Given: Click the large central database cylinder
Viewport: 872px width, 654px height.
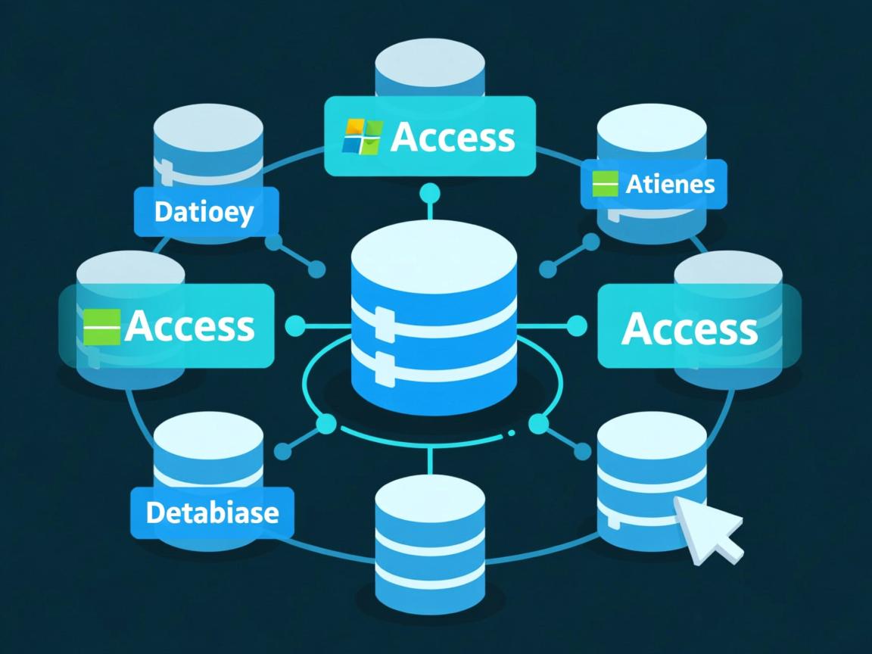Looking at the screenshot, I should (x=434, y=325).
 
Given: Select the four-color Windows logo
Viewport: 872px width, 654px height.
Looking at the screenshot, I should (x=363, y=136).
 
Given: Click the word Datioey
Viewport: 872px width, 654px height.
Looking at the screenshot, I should (x=204, y=213).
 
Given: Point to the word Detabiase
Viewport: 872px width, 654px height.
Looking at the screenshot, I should (x=212, y=512).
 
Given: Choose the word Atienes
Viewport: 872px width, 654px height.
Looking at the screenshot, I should (x=670, y=184).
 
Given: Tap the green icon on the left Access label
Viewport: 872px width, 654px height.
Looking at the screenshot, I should (x=101, y=327).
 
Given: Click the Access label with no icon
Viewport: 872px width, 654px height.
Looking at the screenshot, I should (x=689, y=329).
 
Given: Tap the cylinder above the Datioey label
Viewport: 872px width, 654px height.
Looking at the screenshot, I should (x=208, y=144).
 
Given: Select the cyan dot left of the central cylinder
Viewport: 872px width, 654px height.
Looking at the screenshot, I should (x=294, y=327).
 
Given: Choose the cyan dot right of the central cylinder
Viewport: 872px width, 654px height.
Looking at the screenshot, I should (x=577, y=326).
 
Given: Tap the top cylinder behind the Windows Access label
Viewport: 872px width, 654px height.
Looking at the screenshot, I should (x=430, y=68).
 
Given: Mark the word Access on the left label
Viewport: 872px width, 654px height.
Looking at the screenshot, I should (x=189, y=326).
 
